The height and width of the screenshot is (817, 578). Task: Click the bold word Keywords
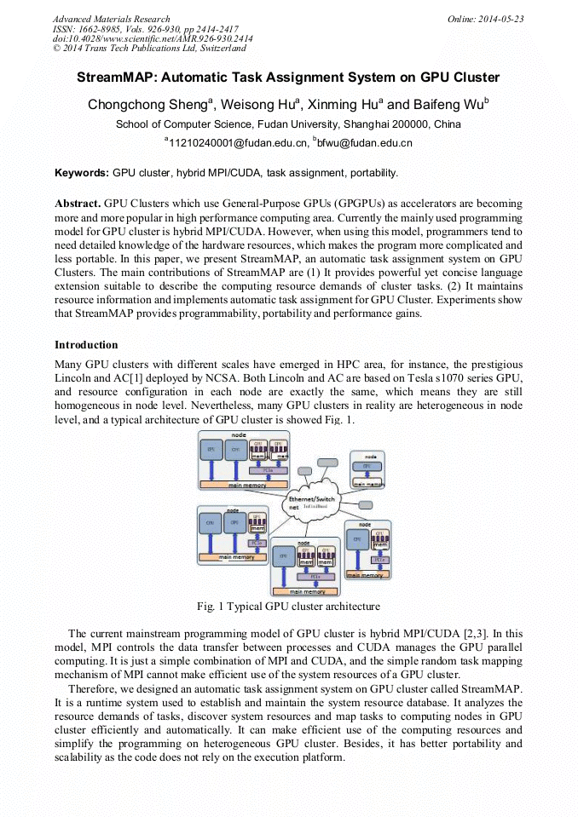pos(82,173)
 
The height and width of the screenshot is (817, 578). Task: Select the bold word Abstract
pos(78,204)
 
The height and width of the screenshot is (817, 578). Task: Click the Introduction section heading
pos(86,345)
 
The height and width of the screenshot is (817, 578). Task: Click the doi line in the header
pos(153,39)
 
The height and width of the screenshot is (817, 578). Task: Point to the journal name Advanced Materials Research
pos(111,19)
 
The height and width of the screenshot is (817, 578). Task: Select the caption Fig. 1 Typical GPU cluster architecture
pos(288,607)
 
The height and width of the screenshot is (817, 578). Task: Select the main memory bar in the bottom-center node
pos(307,590)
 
